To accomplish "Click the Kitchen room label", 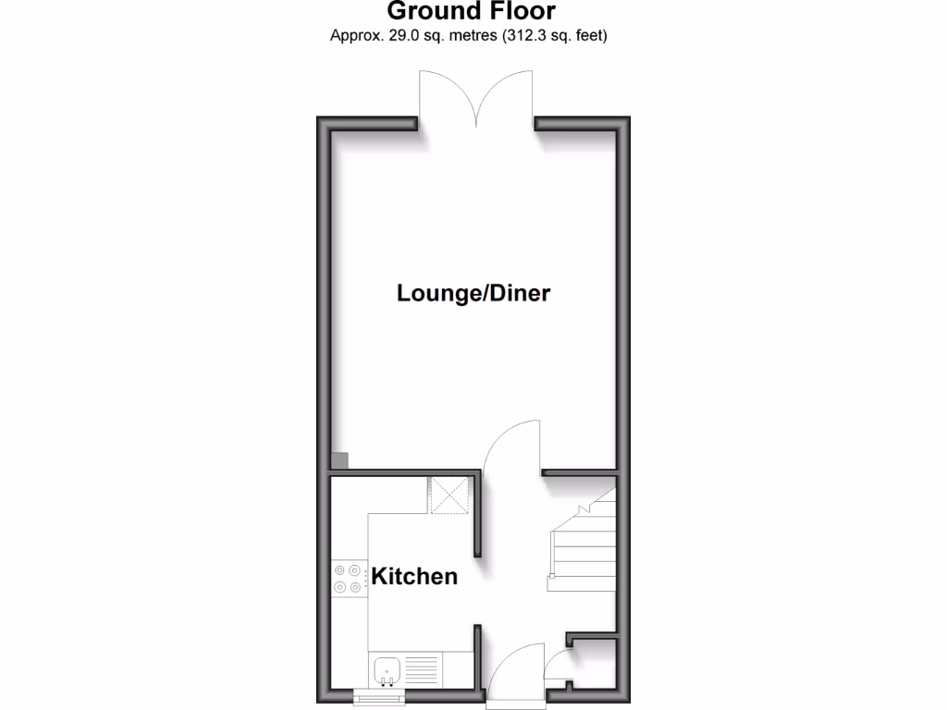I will pos(414,576).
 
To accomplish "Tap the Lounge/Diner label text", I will pos(473,293).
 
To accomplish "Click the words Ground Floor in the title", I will pos(471,12).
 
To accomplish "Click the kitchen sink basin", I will pos(386,667).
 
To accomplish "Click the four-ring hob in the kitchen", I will pos(349,579).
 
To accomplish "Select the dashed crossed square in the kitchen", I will pos(450,495).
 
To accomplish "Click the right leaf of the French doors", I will pos(505,98).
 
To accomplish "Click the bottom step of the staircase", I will pos(582,583).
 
